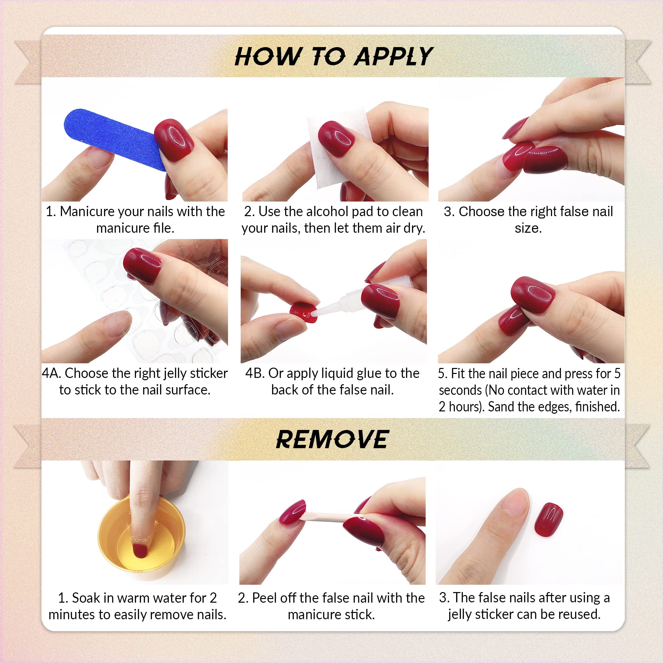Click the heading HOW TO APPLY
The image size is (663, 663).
(x=333, y=57)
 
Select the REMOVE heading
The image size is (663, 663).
(x=332, y=440)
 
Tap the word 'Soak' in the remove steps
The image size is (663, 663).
(x=86, y=598)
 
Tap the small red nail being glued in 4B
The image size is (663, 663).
(x=303, y=312)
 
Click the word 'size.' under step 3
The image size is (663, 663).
(x=528, y=228)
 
